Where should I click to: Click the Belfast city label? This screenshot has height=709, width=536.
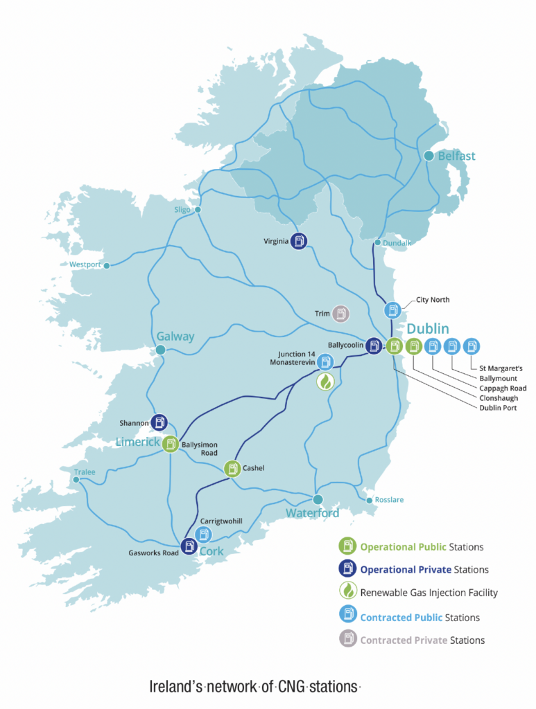[x=456, y=156]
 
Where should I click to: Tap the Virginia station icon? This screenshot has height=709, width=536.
[x=299, y=242]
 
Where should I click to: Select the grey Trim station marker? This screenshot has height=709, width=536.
[x=340, y=314]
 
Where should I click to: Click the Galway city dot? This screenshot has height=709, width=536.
[x=160, y=350]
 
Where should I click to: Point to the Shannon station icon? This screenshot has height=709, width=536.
[x=160, y=422]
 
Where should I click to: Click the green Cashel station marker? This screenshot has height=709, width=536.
[x=232, y=469]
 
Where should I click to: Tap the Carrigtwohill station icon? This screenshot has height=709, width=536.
[x=204, y=534]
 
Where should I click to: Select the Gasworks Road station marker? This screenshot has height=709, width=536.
[x=189, y=547]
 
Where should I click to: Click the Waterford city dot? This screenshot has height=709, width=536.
[x=318, y=499]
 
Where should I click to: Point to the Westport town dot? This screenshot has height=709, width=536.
[x=107, y=265]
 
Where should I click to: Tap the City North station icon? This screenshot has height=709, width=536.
[x=392, y=309]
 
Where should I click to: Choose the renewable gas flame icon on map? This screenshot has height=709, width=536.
[x=326, y=382]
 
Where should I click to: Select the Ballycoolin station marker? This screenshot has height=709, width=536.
[x=374, y=345]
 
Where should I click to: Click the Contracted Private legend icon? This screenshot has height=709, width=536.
[x=347, y=640]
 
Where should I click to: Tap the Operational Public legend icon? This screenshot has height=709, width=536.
[x=347, y=546]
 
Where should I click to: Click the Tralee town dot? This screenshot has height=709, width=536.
[x=76, y=478]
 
